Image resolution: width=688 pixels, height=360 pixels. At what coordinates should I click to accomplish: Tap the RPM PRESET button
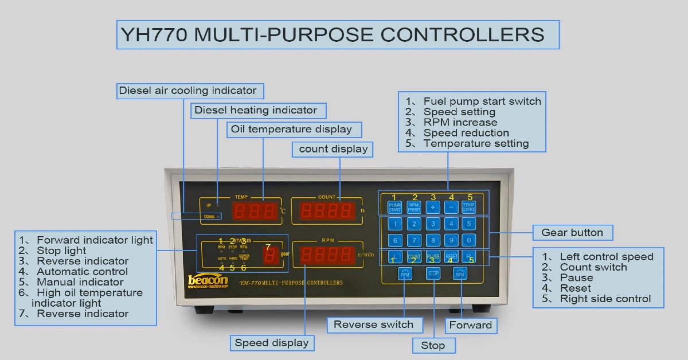pos(413,208)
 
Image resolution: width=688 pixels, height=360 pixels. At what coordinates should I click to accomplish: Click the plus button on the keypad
pos(432,208)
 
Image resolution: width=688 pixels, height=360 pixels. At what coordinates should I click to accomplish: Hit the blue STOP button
pos(433,274)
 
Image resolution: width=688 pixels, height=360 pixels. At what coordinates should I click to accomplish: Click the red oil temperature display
pos(255,212)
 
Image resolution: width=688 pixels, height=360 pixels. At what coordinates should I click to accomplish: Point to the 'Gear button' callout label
pos(572,233)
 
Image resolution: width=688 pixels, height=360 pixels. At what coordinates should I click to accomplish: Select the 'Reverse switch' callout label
pos(373,324)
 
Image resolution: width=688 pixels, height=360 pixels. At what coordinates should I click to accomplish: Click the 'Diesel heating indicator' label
pos(256,110)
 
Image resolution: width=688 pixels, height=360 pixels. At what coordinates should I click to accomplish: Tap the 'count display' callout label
pos(333,149)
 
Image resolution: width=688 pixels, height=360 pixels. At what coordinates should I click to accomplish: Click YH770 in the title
pos(154,35)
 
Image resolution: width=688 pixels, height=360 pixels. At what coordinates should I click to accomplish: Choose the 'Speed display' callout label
pos(272,343)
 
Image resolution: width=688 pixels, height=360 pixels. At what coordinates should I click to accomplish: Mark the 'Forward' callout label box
pos(471,326)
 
